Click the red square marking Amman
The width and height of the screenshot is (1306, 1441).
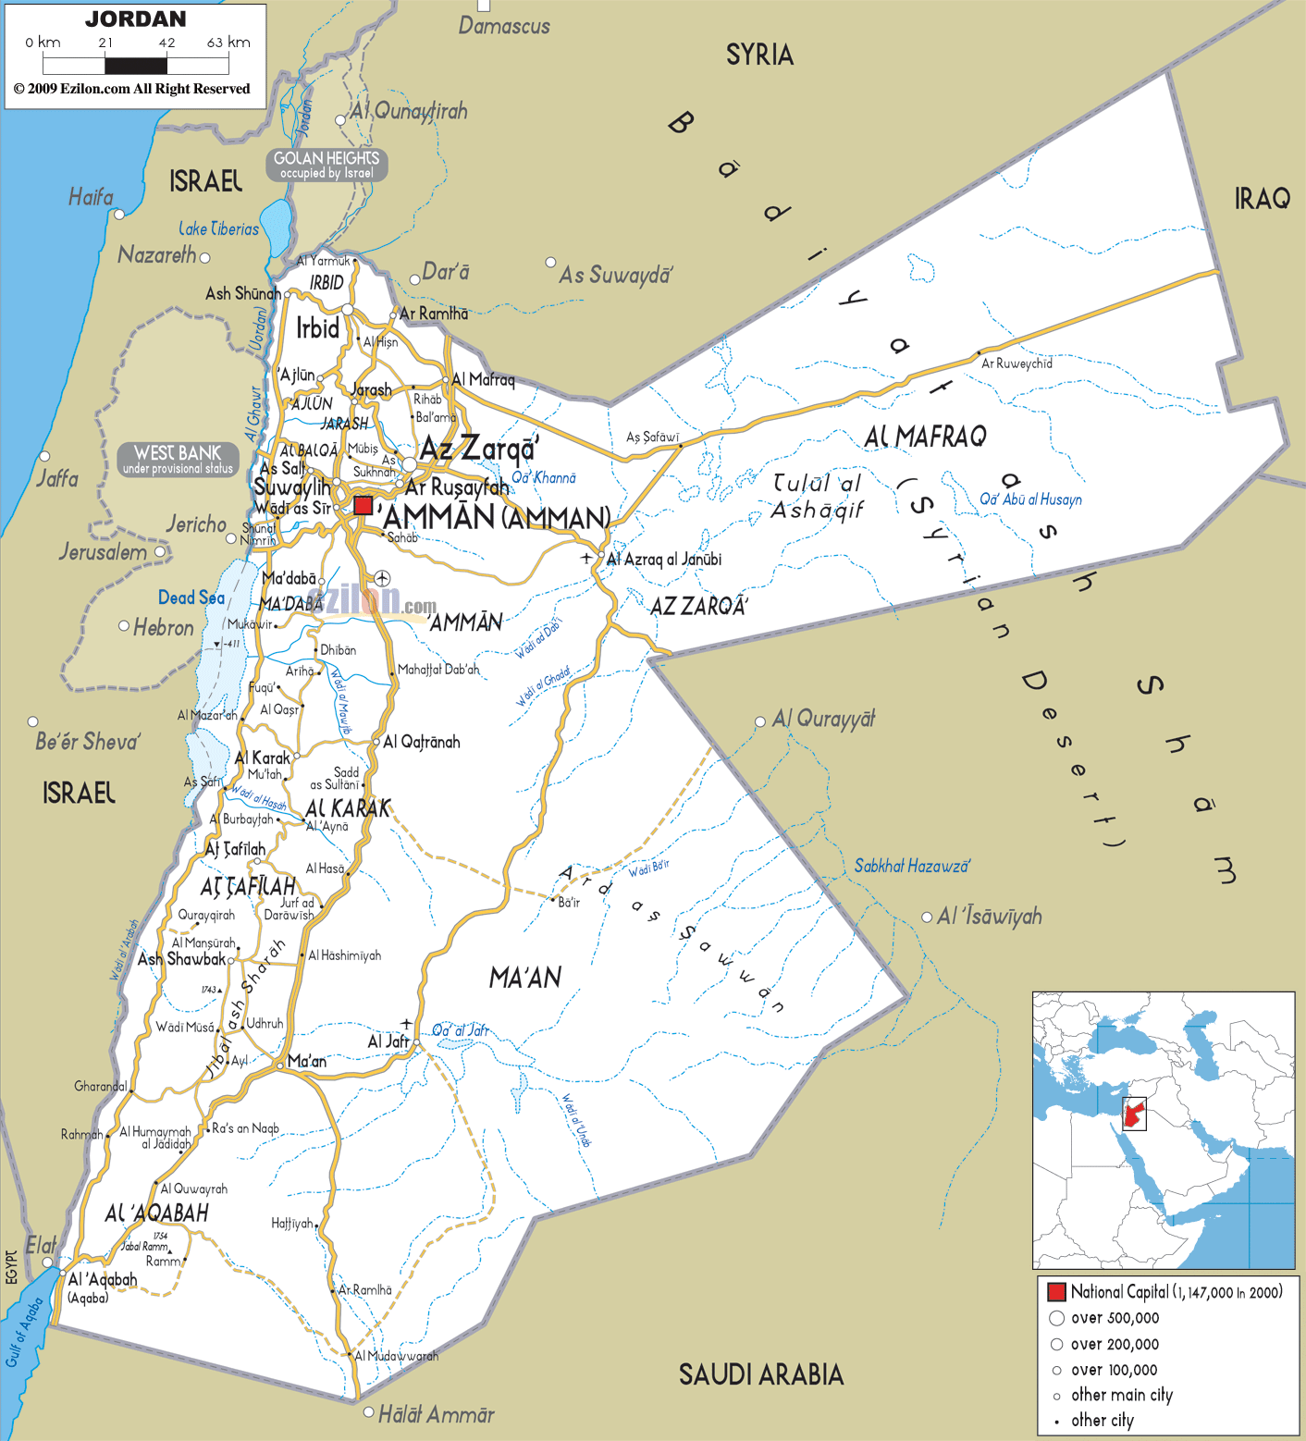pos(363,506)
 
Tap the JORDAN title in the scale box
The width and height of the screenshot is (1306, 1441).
pos(135,19)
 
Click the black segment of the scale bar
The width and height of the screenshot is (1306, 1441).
pos(136,66)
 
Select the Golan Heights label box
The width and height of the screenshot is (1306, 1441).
pos(326,165)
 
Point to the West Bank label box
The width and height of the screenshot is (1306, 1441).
pos(178,459)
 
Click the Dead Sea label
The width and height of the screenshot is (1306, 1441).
pos(191,597)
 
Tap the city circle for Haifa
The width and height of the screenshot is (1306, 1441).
pos(118,215)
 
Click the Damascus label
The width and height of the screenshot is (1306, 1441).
pos(504,26)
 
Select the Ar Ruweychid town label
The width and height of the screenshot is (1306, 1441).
pos(1016,363)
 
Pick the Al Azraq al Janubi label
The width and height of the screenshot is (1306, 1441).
pos(663,560)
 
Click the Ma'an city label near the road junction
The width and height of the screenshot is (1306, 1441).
pos(307,1061)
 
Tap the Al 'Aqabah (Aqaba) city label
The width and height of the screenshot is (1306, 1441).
pos(103,1280)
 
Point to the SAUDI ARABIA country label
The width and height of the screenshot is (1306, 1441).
pos(761,1374)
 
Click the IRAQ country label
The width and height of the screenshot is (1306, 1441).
pos(1262,198)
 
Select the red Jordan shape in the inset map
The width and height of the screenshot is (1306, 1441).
pos(1134,1113)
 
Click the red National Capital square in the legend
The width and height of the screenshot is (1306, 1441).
pos(1056,1292)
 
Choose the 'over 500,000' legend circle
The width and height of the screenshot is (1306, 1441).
pos(1056,1318)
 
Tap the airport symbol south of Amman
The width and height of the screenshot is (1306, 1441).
pos(382,578)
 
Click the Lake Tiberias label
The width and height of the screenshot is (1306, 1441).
pos(219,228)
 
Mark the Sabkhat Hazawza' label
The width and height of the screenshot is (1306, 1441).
pos(912,866)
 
